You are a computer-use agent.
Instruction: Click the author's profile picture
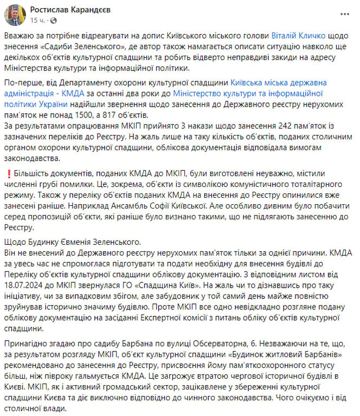15,15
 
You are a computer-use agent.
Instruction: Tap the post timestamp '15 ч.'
37,20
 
